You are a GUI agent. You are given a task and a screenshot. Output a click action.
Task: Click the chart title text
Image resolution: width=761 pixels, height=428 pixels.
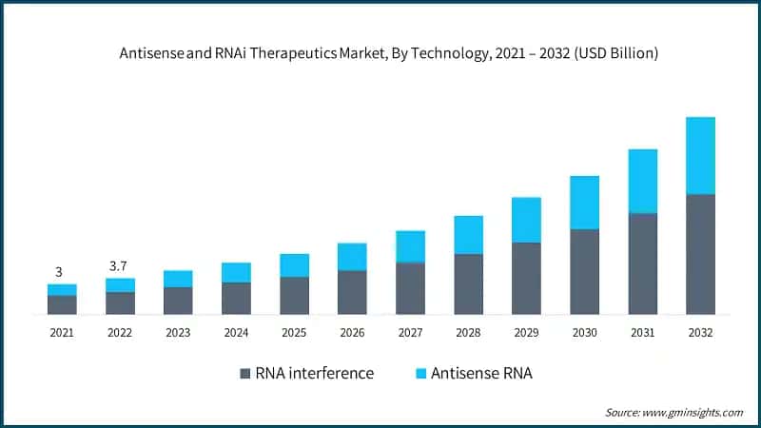[x=380, y=54]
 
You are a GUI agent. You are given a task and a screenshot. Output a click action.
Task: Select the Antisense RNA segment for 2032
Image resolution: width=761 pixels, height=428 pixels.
[x=700, y=155]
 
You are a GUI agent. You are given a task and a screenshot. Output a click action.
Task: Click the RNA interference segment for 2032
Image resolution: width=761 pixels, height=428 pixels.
[x=700, y=254]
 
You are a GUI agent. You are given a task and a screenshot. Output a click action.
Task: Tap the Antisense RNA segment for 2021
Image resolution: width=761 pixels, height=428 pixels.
[x=62, y=289]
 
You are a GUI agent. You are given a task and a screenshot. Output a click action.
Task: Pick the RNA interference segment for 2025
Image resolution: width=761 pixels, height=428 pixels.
[x=294, y=295]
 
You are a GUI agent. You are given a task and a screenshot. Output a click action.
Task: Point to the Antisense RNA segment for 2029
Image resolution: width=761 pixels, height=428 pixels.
[x=526, y=220]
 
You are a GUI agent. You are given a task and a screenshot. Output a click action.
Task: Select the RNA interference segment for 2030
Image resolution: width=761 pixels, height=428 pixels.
[x=584, y=271]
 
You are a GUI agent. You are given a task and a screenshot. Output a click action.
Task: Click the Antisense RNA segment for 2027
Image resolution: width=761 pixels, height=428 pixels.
[x=410, y=246]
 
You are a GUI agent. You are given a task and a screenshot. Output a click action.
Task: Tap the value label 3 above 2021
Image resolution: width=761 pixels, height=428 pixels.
[x=59, y=272]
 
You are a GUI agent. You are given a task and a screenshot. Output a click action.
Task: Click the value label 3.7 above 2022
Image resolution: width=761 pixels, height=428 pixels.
[x=119, y=265]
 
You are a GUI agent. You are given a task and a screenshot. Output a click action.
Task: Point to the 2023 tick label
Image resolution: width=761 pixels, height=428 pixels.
[x=178, y=333]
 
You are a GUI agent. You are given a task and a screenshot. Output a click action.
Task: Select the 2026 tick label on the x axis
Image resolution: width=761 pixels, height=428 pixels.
[x=352, y=333]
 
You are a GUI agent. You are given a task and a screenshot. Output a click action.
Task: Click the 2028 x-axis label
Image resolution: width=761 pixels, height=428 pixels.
[x=468, y=333]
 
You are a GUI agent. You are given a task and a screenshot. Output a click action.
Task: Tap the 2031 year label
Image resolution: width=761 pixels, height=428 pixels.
[x=642, y=333]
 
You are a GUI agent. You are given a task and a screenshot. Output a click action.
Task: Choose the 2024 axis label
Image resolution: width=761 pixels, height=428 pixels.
[x=236, y=333]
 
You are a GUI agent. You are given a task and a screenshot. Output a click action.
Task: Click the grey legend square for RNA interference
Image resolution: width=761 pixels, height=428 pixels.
[x=244, y=374]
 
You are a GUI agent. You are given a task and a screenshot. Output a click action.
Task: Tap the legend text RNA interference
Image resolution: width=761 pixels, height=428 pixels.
[x=315, y=374]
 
